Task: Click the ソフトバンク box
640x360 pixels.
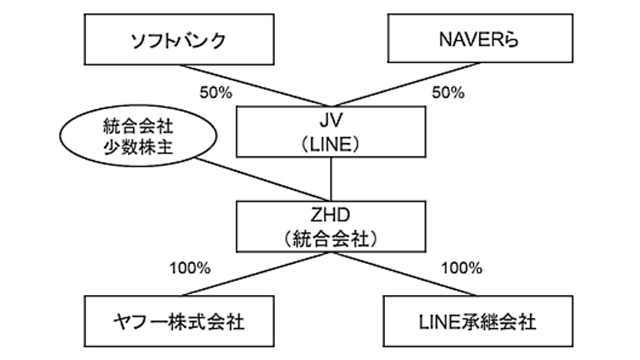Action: point(179,39)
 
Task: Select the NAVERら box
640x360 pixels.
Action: point(481,38)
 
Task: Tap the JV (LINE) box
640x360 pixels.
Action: point(331,132)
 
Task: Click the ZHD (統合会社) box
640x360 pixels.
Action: point(331,227)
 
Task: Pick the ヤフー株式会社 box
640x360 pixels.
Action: point(179,321)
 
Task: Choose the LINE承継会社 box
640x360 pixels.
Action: point(478,321)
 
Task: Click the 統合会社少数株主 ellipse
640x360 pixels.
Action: point(138,136)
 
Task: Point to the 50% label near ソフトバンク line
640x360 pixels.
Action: point(216,93)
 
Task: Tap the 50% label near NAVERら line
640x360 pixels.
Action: point(448,93)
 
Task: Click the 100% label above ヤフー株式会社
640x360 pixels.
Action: point(190,268)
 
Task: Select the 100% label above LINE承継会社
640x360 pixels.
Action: point(462,268)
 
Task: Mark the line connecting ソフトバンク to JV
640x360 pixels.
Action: point(254,86)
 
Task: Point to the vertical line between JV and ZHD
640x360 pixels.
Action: point(331,179)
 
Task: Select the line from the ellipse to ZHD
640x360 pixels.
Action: point(262,179)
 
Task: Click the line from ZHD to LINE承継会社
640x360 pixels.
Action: point(405,274)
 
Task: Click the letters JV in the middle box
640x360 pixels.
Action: point(331,121)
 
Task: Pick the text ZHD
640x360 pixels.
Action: point(330,215)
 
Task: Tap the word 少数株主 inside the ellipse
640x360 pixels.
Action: point(138,147)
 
